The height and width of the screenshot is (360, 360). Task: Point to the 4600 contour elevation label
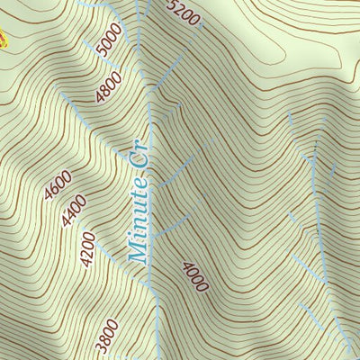tap(57, 187)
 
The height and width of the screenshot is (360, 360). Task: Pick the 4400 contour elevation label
tap(74, 210)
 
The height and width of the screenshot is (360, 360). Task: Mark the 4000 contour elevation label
tap(195, 276)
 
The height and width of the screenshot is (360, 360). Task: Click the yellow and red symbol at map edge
tap(3, 36)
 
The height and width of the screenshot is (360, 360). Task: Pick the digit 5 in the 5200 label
tap(174, 4)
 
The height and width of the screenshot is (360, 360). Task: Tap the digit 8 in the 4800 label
tap(106, 90)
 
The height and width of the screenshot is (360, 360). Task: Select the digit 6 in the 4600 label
tap(54, 191)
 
